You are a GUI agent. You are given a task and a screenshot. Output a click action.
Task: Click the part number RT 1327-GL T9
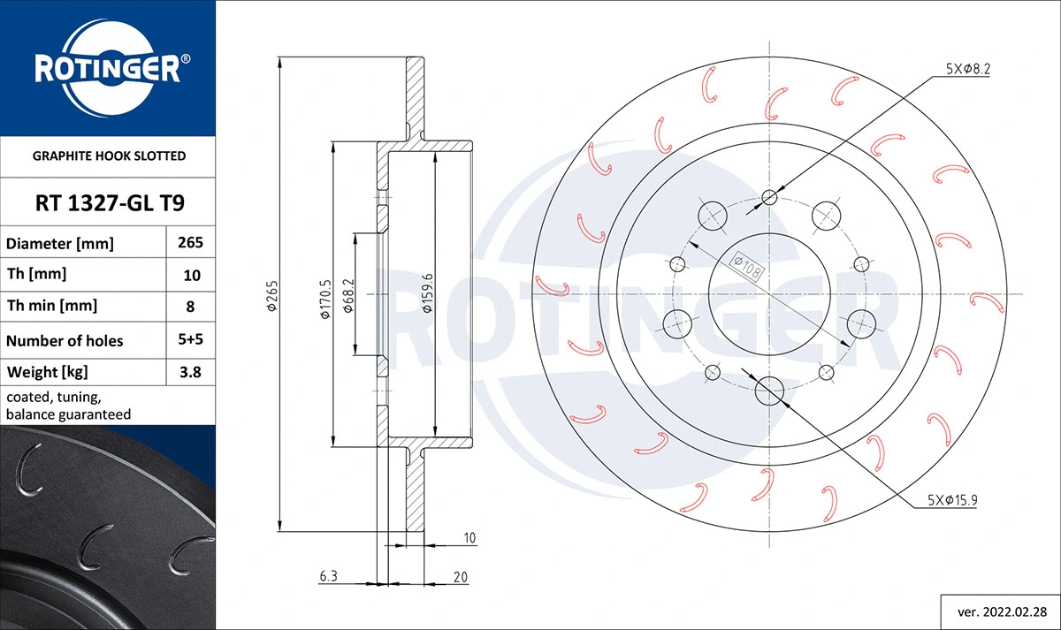(x=109, y=204)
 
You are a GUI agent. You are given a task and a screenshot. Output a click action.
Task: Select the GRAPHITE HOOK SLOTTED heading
(x=109, y=156)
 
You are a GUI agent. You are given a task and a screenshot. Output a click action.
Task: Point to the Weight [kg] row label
(x=47, y=372)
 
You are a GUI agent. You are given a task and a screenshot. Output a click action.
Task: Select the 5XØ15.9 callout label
(x=951, y=500)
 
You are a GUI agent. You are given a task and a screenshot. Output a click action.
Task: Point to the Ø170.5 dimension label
(x=325, y=299)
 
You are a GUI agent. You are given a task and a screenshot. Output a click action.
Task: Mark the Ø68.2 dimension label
(x=347, y=299)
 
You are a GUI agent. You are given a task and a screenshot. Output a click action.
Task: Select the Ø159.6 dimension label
(x=427, y=299)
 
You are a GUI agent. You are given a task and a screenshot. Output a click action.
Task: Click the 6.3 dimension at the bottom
(x=328, y=577)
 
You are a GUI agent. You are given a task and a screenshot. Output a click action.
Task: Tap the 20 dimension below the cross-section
(x=459, y=577)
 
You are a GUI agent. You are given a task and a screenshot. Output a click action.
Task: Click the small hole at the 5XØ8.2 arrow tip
(x=770, y=197)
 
